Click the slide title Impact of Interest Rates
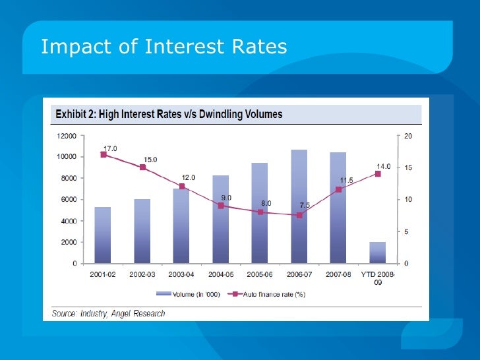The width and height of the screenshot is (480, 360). [164, 47]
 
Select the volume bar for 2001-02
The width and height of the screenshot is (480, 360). [103, 235]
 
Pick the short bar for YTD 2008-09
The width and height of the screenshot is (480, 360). [377, 253]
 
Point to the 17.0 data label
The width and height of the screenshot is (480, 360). [110, 148]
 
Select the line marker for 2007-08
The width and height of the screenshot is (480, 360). [338, 190]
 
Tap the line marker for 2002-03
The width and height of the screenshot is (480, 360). [142, 167]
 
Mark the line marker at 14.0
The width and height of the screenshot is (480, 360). [378, 173]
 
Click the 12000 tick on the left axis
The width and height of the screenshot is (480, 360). [66, 136]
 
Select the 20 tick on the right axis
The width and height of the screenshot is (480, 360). [407, 136]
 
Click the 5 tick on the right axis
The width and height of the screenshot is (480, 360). [406, 231]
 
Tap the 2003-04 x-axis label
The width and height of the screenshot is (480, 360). [181, 274]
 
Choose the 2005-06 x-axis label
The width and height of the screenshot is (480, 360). [260, 274]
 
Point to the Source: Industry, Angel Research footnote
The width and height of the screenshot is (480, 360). [109, 313]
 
